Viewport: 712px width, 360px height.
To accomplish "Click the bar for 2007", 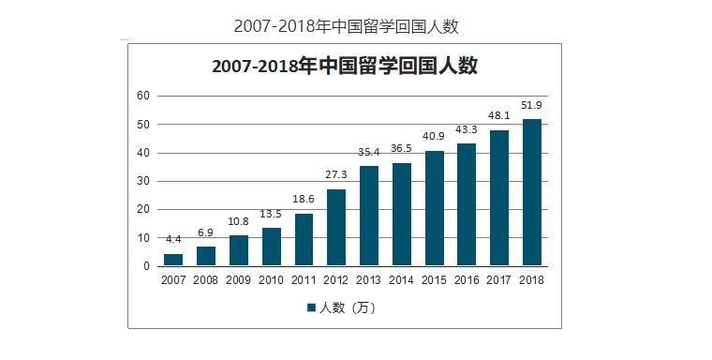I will pyautogui.click(x=173, y=260).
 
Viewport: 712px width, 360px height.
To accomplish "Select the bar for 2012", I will pyautogui.click(x=336, y=228).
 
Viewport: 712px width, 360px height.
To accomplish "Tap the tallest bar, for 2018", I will pyautogui.click(x=532, y=192).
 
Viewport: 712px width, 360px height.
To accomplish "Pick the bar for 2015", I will pyautogui.click(x=434, y=208).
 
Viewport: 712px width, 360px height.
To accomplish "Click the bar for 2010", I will pyautogui.click(x=271, y=247).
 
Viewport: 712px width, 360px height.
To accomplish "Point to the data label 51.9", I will pyautogui.click(x=532, y=105).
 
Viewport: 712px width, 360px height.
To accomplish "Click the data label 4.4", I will pyautogui.click(x=173, y=241).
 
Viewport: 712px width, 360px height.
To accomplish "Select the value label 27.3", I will pyautogui.click(x=336, y=175).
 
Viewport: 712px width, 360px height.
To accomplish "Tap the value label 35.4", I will pyautogui.click(x=369, y=153).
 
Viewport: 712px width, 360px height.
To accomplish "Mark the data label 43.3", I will pyautogui.click(x=467, y=130).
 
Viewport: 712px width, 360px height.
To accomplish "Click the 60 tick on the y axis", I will pyautogui.click(x=143, y=96).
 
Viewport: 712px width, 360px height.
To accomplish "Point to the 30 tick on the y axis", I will pyautogui.click(x=143, y=181).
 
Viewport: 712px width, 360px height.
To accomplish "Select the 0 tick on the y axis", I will pyautogui.click(x=146, y=266).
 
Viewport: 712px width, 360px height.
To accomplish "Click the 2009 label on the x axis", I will pyautogui.click(x=238, y=279).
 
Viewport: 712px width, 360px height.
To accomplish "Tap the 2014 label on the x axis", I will pyautogui.click(x=401, y=279).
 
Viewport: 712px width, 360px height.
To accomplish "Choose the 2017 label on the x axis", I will pyautogui.click(x=499, y=279).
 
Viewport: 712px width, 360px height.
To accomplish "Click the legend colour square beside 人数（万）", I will pyautogui.click(x=311, y=307).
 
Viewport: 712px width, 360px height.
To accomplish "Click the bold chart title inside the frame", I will pyautogui.click(x=345, y=67).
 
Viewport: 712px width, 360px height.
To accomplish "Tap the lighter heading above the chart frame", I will pyautogui.click(x=346, y=25).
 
